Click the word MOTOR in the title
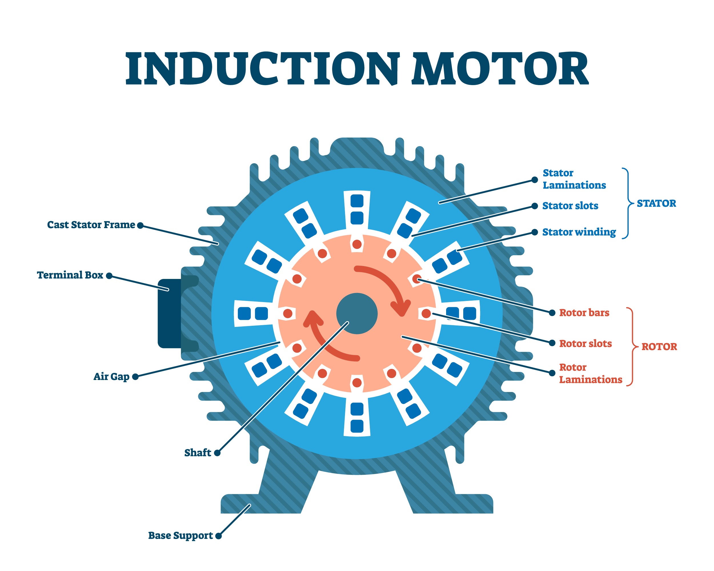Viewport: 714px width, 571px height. click(x=500, y=69)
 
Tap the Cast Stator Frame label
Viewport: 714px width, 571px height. click(x=91, y=225)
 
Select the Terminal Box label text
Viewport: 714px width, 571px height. click(x=70, y=275)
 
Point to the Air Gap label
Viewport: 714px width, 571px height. click(x=111, y=376)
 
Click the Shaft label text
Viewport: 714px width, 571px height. click(x=197, y=453)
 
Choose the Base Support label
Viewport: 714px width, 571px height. click(x=180, y=535)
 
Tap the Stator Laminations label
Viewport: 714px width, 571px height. click(x=574, y=179)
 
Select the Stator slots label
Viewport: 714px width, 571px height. click(x=570, y=206)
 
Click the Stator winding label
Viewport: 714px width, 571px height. click(x=579, y=232)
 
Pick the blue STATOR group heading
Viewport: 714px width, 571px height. click(x=656, y=203)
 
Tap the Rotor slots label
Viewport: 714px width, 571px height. click(x=585, y=343)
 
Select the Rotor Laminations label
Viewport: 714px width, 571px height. click(x=590, y=373)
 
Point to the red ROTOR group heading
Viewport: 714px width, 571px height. click(x=659, y=347)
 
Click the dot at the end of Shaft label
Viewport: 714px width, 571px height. click(x=217, y=453)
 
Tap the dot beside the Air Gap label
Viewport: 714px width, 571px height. click(x=135, y=377)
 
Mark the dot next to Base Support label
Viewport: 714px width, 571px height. click(x=218, y=536)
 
